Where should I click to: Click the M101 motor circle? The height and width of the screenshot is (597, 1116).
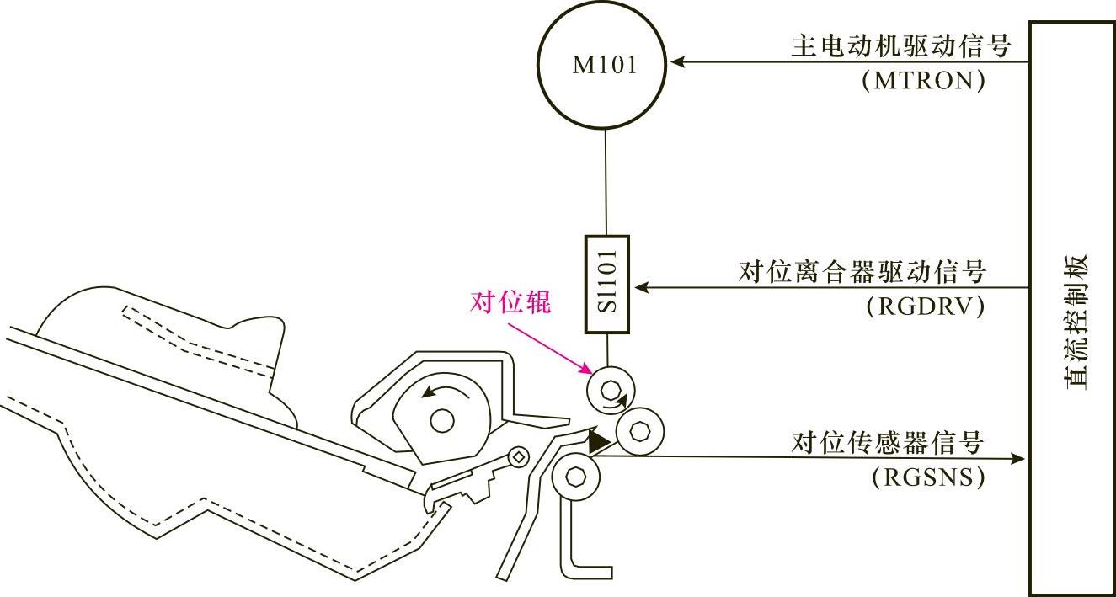tap(606, 65)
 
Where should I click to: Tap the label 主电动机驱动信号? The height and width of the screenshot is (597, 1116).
tap(900, 45)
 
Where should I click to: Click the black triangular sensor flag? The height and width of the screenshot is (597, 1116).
tap(599, 441)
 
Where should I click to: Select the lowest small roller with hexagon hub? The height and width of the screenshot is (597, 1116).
tap(575, 477)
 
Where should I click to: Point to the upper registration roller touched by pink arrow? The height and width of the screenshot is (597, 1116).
tap(610, 390)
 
